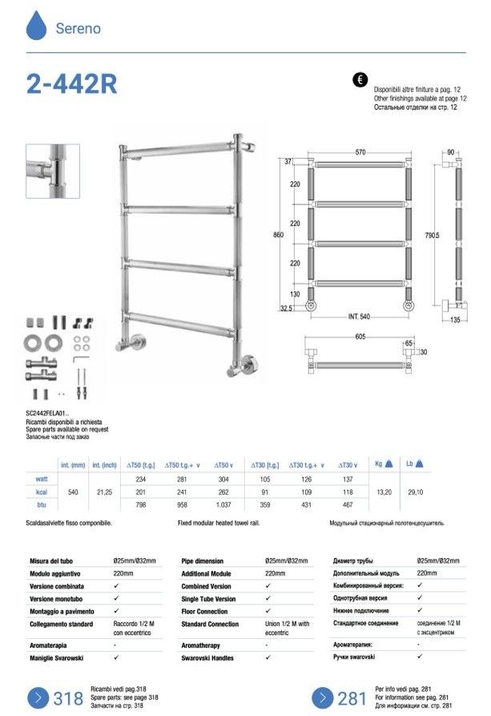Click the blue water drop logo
[37, 26]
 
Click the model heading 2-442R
[70, 85]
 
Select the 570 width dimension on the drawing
[360, 152]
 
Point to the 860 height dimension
[279, 235]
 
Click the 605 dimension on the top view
[360, 338]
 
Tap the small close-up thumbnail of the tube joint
[53, 171]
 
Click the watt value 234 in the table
[142, 479]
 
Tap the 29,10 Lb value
[415, 492]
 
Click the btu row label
[42, 506]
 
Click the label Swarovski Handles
[208, 657]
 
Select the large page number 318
[68, 698]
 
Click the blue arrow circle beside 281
[322, 698]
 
